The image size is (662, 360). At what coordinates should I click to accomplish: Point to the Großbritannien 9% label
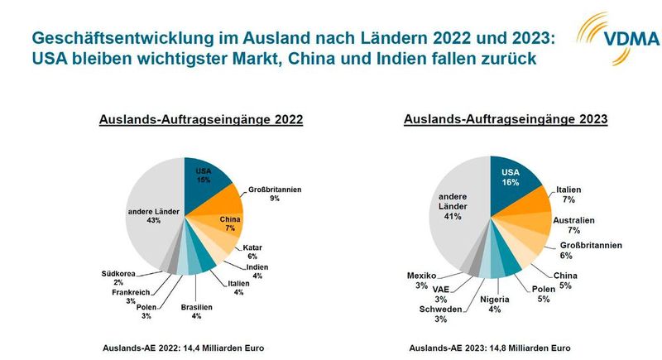(x=274, y=194)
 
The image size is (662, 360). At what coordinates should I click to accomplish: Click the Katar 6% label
(x=252, y=252)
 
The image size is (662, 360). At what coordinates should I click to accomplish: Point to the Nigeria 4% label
(x=495, y=304)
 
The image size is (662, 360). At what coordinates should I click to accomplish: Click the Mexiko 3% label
(x=421, y=280)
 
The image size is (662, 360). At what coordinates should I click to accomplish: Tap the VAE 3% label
(x=441, y=294)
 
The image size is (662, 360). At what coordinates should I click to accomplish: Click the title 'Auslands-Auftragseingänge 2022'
(x=200, y=120)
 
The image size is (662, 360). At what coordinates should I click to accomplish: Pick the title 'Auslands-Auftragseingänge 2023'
(x=506, y=119)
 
